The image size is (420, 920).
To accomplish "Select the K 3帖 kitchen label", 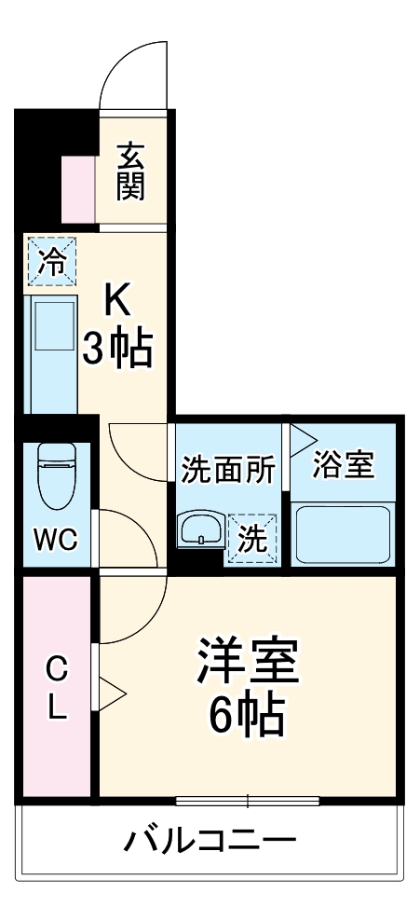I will pos(118,323).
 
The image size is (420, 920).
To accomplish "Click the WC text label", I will pos(56,540).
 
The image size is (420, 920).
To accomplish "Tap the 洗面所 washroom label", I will pos(228,469).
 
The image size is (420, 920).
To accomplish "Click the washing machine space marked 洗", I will pos(253,538).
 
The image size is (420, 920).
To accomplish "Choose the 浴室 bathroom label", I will pos(344,465).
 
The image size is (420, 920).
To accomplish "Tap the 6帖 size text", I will pos(247,715).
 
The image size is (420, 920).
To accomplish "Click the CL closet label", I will pos(57,686).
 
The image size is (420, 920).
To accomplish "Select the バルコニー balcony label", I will pos(210,842).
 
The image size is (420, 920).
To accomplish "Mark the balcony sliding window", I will pos(248,800).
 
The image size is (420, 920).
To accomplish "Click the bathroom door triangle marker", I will pos(302,437).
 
